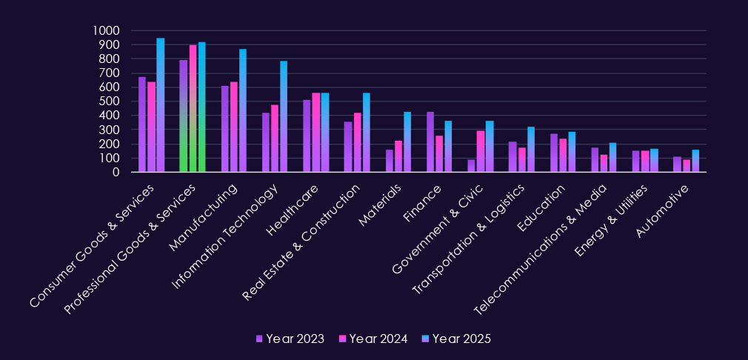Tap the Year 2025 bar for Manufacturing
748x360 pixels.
tap(243, 110)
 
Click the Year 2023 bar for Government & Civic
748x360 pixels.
tap(471, 166)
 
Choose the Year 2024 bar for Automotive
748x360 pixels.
tap(687, 166)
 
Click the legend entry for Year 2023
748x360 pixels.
tap(290, 339)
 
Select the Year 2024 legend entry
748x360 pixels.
tap(373, 339)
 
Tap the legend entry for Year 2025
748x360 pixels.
tap(456, 339)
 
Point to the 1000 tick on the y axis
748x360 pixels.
tap(106, 31)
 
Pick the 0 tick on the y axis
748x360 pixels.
tap(116, 173)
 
